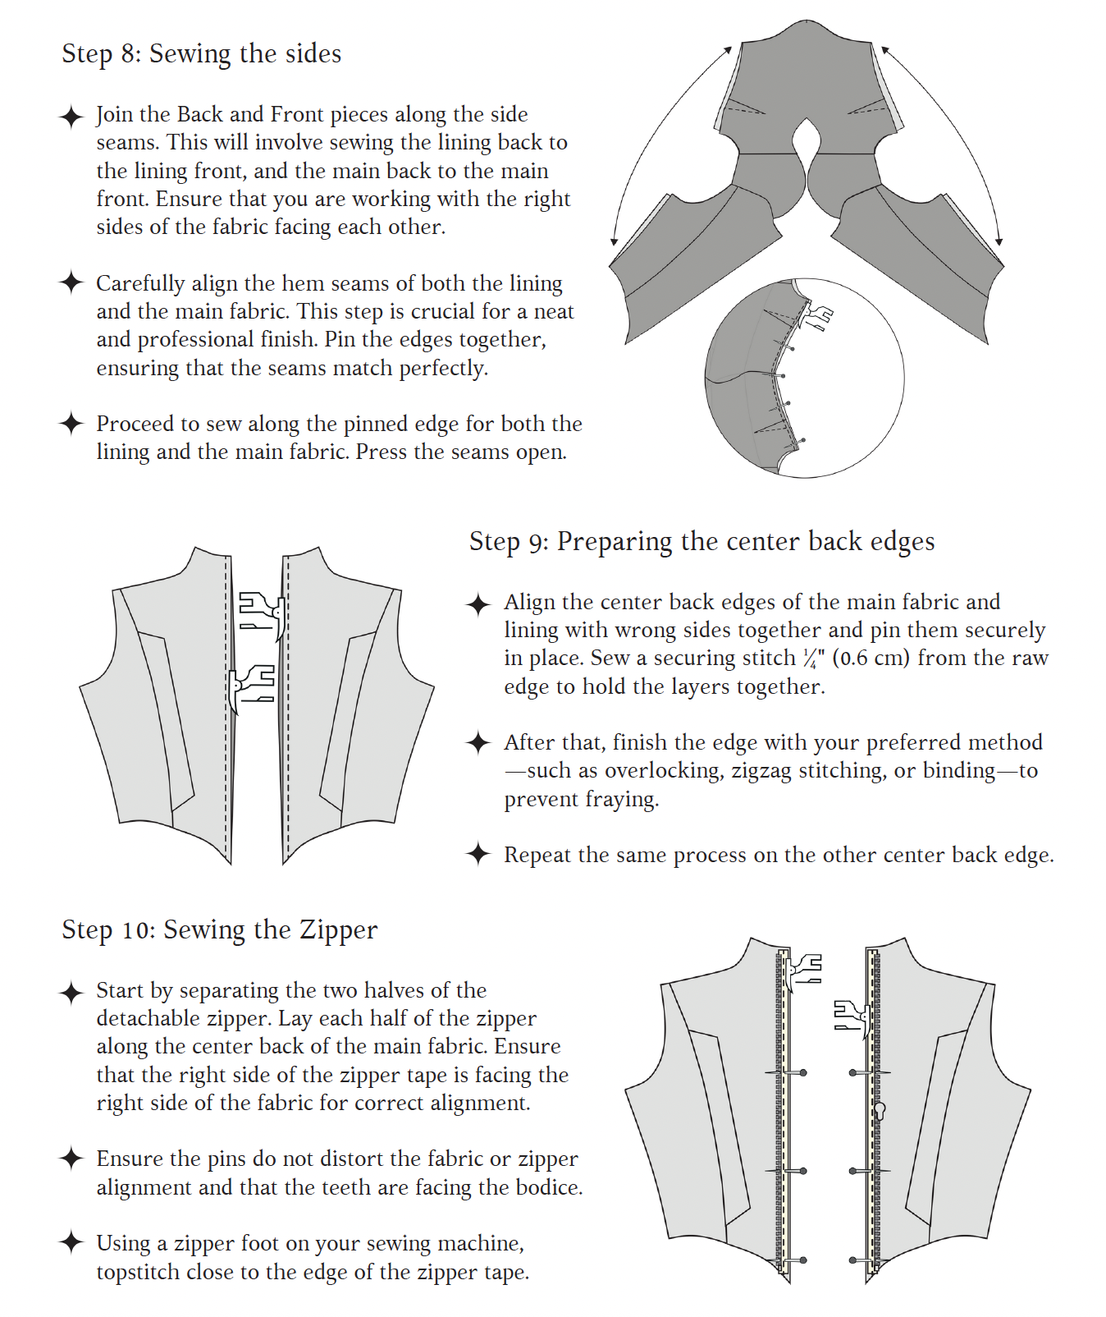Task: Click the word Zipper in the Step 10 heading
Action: [x=338, y=930]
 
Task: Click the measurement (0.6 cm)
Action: [x=871, y=658]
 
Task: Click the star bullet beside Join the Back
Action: [x=71, y=117]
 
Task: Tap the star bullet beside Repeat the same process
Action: [x=478, y=854]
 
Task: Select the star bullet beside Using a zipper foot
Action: [x=71, y=1242]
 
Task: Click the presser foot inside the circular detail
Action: [x=817, y=316]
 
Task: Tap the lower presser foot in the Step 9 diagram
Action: [x=251, y=686]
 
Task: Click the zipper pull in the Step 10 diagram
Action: [x=880, y=1111]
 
